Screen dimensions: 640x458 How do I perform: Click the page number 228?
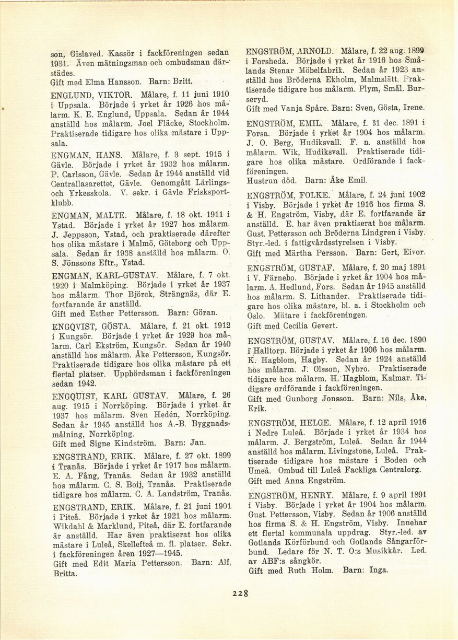point(241,592)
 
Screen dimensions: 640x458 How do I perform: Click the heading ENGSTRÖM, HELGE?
point(289,423)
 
